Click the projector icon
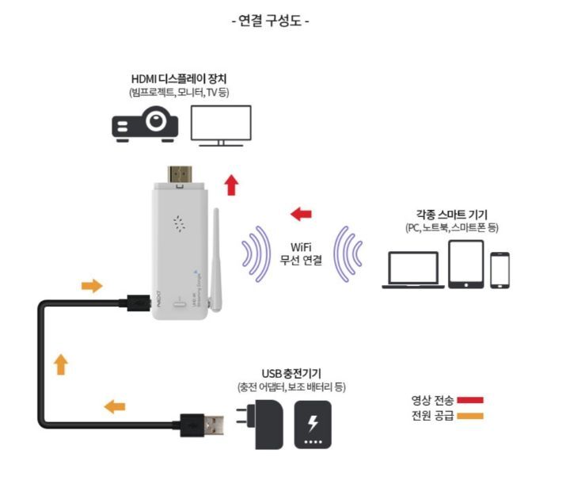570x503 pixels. (144, 125)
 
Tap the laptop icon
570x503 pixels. (412, 269)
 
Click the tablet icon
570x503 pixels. (465, 264)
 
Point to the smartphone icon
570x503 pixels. (500, 270)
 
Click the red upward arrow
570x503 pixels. (231, 185)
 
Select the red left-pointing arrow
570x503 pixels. (301, 214)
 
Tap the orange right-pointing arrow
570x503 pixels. (93, 285)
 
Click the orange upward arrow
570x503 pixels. (61, 364)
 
